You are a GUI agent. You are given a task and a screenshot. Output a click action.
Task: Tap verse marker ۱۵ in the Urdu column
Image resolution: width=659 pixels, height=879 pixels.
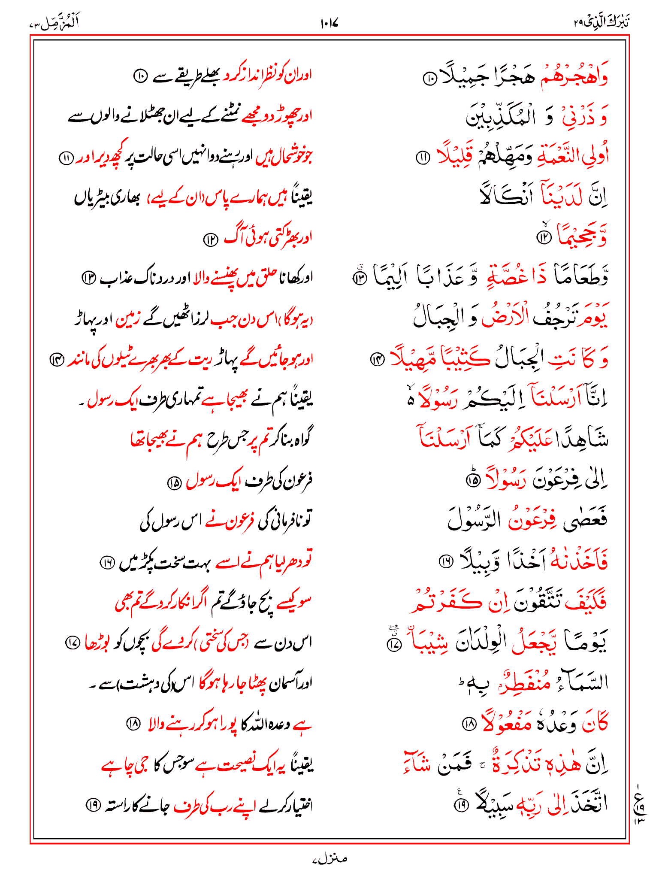(x=175, y=483)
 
